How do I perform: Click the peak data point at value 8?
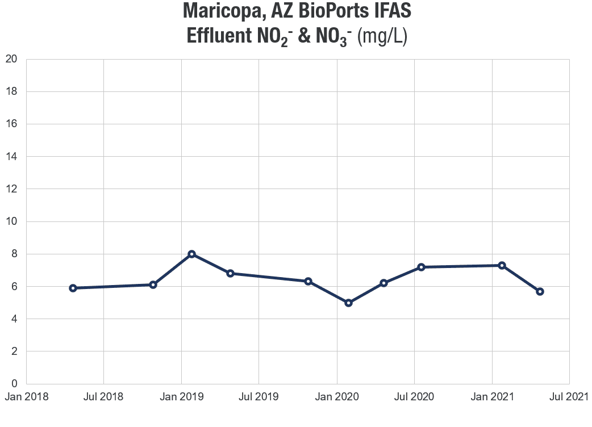point(192,254)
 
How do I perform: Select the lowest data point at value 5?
point(349,303)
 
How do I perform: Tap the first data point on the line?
point(73,288)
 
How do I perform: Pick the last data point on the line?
point(540,291)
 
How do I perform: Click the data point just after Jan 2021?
point(502,265)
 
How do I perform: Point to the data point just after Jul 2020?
point(421,267)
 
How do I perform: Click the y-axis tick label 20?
point(11,59)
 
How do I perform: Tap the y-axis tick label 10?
point(11,221)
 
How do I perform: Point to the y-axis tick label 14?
point(11,157)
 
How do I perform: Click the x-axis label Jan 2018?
point(26,397)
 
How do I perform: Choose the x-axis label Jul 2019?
point(259,397)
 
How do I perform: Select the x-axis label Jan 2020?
point(337,397)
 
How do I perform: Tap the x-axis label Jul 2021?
point(569,397)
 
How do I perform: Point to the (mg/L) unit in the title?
point(383,36)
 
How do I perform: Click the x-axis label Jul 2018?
point(103,397)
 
